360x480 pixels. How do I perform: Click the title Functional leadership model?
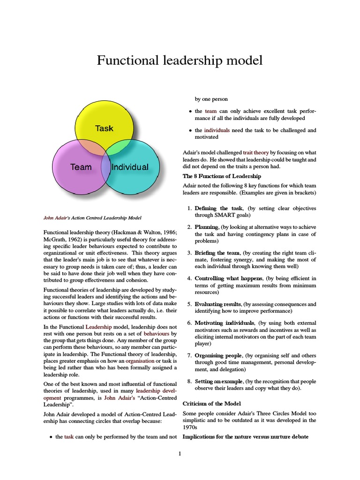[180, 60]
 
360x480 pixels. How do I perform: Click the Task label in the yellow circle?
[104, 128]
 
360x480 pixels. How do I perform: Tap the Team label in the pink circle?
[81, 167]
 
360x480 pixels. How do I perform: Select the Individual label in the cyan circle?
[130, 167]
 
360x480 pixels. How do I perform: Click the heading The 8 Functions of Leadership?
[222, 176]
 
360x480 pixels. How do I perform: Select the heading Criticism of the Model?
[214, 404]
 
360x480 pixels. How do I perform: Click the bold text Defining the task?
[218, 208]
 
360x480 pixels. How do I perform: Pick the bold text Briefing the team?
[219, 253]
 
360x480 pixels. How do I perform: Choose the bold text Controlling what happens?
[225, 278]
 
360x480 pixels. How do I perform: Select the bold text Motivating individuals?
[225, 323]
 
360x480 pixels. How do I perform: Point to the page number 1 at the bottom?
[180, 453]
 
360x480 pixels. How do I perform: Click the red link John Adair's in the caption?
[55, 218]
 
